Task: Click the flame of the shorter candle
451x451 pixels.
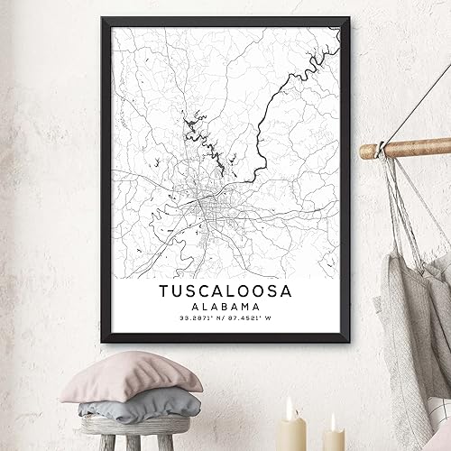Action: click(x=333, y=420)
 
